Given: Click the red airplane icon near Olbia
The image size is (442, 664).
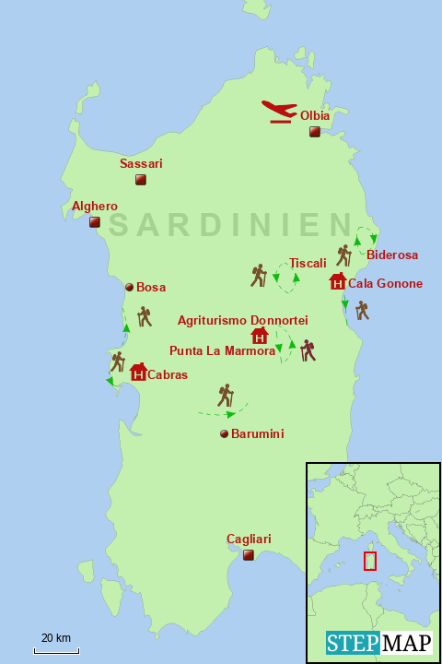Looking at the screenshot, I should (278, 111).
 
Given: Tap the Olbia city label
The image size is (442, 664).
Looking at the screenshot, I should (315, 116).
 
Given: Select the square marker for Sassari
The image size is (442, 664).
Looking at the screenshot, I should (140, 180).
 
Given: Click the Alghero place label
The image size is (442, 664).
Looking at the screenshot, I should (95, 207).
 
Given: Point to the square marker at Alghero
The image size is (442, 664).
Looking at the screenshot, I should (94, 222).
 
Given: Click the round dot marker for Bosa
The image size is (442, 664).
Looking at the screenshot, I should (129, 287).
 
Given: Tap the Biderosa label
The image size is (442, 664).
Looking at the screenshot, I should (391, 255).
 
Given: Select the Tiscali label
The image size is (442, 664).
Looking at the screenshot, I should (308, 263).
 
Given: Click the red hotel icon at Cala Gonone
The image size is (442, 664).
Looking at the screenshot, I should (337, 281).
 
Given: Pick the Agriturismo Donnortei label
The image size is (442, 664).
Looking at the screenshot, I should (242, 320).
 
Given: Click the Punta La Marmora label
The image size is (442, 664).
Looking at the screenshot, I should (222, 350).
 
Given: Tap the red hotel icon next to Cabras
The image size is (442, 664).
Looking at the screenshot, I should (138, 372).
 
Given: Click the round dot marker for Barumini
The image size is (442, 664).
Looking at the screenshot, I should (223, 433).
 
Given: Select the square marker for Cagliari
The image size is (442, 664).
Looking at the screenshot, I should (248, 555).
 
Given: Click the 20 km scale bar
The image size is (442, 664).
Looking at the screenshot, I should (56, 650).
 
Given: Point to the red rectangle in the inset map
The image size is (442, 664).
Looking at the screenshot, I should (369, 561).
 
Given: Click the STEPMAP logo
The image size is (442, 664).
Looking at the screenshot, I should (378, 643).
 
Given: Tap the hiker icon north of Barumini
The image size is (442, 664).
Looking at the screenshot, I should (226, 396).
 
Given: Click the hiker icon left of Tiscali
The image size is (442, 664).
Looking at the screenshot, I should (259, 275).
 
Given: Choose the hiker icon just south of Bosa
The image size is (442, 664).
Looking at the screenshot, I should (144, 316).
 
